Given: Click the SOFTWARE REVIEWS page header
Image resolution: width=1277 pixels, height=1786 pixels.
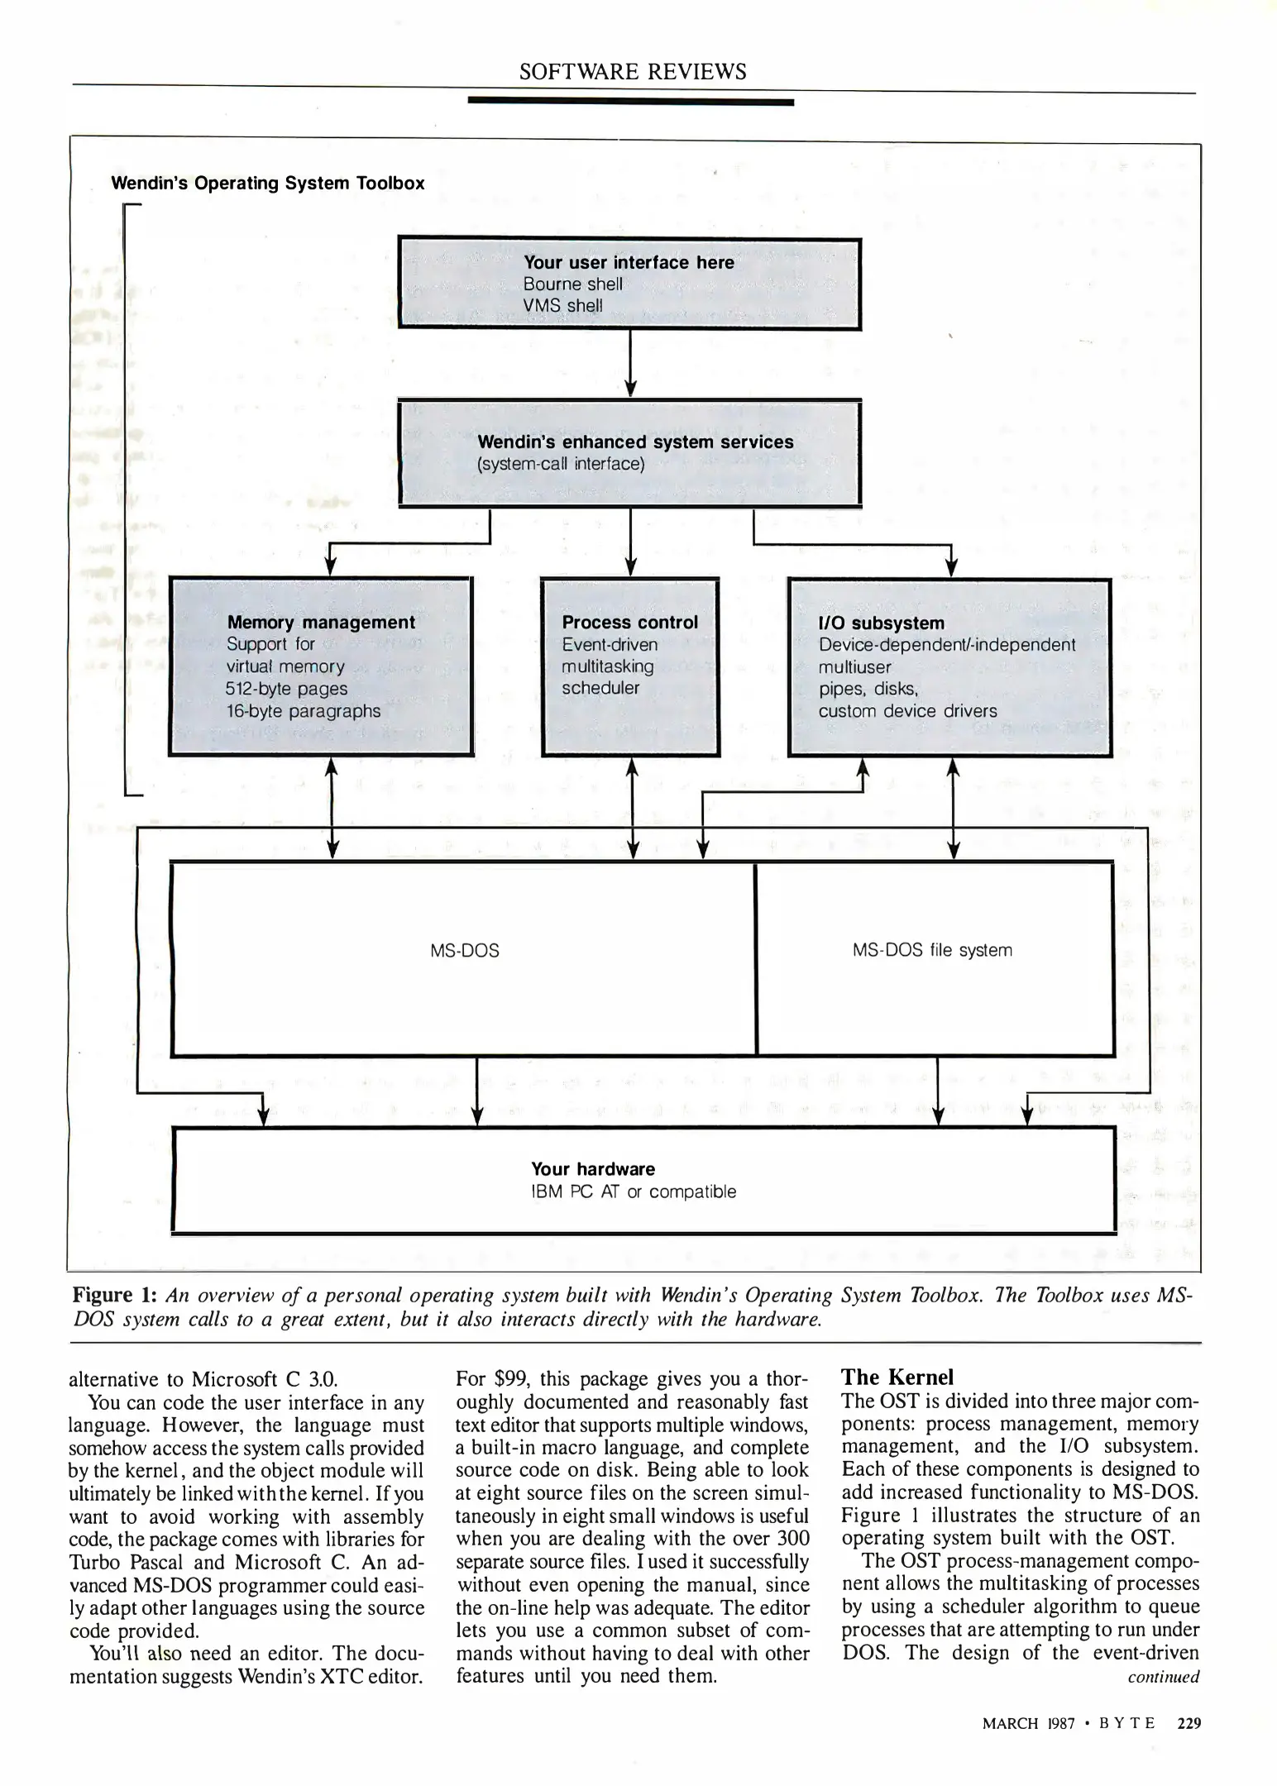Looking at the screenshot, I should pos(633,72).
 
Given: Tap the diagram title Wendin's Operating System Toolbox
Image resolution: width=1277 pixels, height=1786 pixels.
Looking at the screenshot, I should pos(268,184).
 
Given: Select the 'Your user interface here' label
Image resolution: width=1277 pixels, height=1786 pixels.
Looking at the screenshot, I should pos(629,262).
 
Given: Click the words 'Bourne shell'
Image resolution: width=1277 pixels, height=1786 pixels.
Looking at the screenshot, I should pos(572,284).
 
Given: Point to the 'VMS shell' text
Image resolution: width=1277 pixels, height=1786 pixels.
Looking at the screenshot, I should pos(562,306).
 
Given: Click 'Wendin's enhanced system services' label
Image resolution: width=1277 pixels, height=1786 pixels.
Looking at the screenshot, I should pos(635,442).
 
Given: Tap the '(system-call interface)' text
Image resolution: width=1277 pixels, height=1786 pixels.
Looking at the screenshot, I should pos(561,464).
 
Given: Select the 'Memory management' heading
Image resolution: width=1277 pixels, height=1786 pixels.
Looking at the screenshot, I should pos(321,623).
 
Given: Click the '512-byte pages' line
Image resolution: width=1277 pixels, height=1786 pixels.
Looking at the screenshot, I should pos(286,689).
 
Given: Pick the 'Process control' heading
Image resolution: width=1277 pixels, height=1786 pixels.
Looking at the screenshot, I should pos(629,623).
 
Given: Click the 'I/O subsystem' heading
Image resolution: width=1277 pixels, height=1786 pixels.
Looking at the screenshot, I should pos(881,623).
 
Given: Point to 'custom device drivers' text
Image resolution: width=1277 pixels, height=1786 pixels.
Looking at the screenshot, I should pos(907,711).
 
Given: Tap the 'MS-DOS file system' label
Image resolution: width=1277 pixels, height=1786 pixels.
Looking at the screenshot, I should pos(932,951).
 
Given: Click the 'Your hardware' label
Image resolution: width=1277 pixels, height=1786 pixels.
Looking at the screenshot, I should pos(592,1169).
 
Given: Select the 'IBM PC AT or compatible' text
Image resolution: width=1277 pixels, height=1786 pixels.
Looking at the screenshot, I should pos(633,1191).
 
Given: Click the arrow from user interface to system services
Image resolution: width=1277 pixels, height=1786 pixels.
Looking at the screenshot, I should pos(631,364).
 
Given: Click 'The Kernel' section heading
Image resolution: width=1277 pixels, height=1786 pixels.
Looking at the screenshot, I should pos(897,1378).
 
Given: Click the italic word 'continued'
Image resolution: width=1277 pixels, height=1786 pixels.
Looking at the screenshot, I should pos(1163,1677).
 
